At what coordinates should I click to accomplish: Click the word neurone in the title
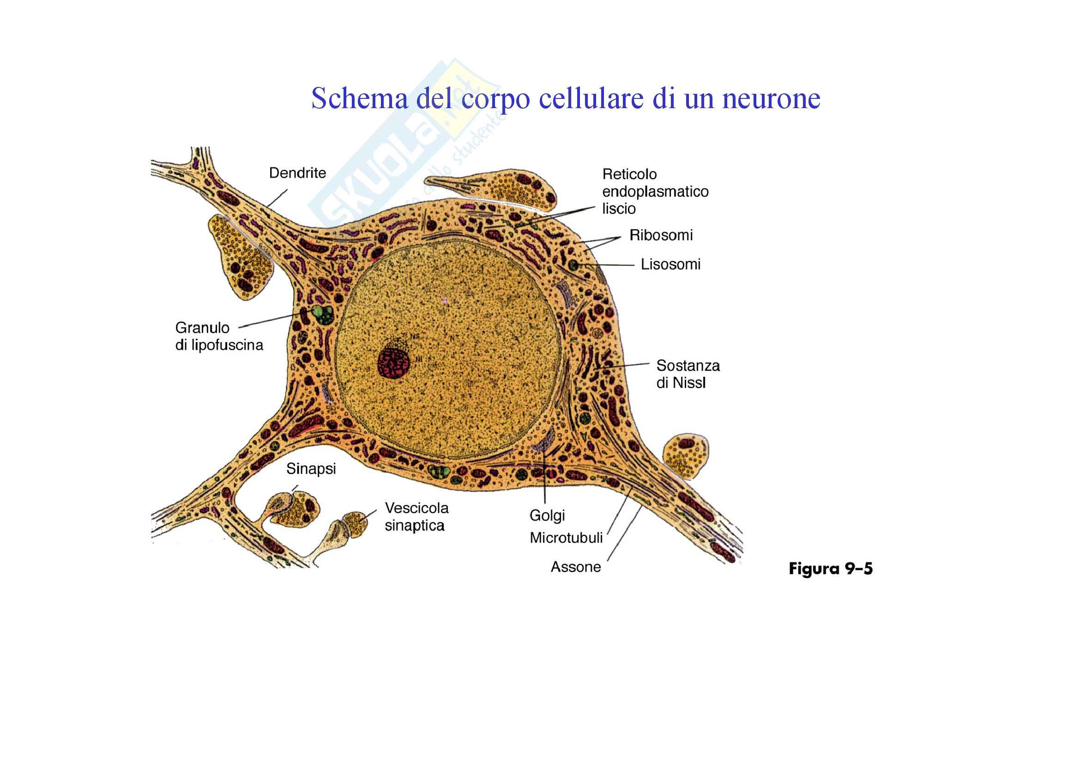[x=771, y=98]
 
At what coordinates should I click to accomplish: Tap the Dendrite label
[x=297, y=173]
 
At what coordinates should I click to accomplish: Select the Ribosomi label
[x=661, y=235]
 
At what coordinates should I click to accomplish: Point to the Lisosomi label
[x=670, y=264]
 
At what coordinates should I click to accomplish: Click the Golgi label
[x=547, y=516]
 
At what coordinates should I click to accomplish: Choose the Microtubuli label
[x=566, y=538]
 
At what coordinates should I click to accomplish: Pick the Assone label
[x=576, y=567]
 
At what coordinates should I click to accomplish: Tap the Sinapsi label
[x=311, y=469]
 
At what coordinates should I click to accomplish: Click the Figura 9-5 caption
[x=830, y=568]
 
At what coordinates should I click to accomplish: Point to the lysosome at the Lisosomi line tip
[x=573, y=265]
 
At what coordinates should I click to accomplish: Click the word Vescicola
[x=416, y=508]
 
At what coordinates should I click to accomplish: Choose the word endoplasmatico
[x=655, y=192]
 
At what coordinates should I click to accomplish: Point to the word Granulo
[x=202, y=328]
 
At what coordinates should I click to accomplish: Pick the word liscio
[x=619, y=209]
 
